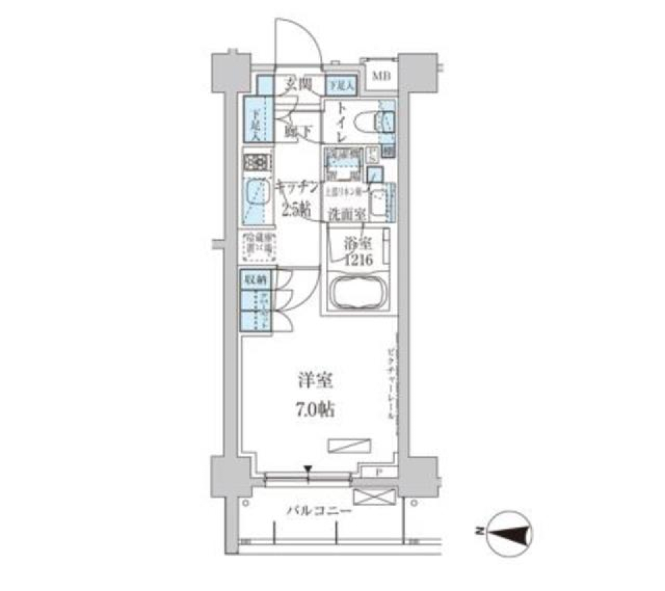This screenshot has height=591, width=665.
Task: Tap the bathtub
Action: (x=357, y=293)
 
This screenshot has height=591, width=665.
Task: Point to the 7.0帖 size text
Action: (x=315, y=410)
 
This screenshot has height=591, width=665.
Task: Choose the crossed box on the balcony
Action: (x=373, y=498)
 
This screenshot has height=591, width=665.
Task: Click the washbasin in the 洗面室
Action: (x=379, y=203)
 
